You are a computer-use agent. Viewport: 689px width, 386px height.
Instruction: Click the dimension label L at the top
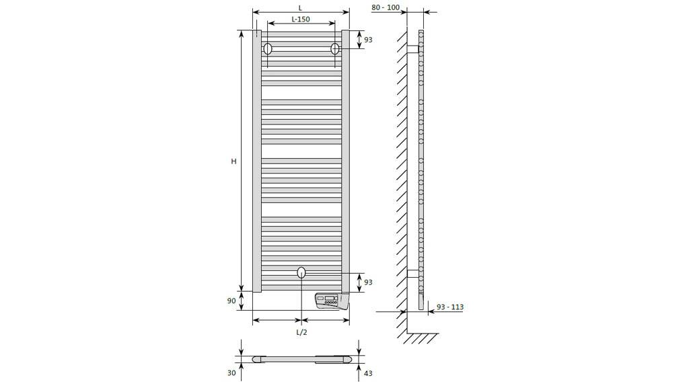300,8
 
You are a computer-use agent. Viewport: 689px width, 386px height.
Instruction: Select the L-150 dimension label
301,19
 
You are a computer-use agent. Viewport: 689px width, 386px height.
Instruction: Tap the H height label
233,161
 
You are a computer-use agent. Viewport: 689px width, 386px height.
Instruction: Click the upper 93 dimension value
368,40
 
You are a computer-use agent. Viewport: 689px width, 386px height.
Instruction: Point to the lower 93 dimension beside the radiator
368,282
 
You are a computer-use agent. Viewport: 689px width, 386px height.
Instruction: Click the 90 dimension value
231,301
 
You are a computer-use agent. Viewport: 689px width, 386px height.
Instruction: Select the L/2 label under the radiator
301,332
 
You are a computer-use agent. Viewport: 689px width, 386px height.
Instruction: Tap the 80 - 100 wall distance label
386,7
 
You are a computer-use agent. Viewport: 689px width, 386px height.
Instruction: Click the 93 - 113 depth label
450,307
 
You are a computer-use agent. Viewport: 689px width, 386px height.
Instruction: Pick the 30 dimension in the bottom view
231,373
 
